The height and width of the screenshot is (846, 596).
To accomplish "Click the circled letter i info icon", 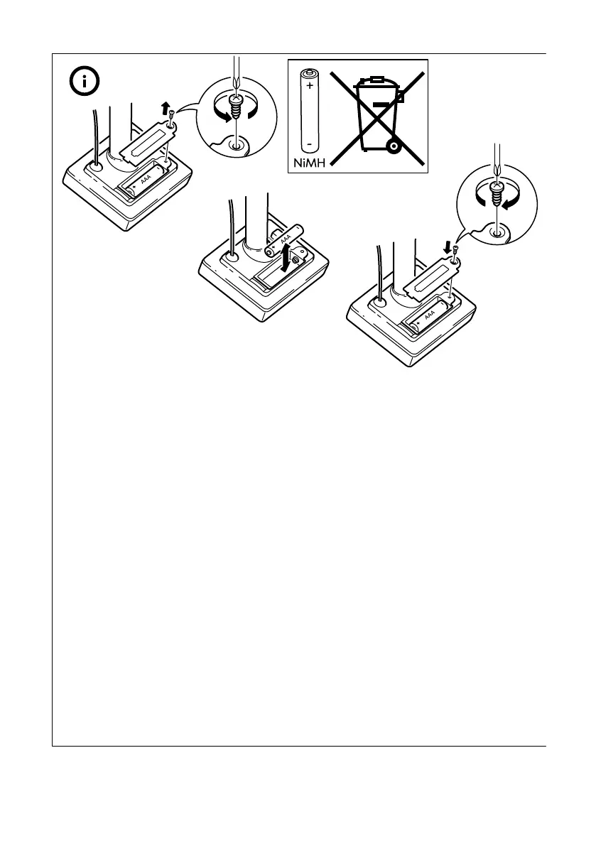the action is click(x=85, y=82).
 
